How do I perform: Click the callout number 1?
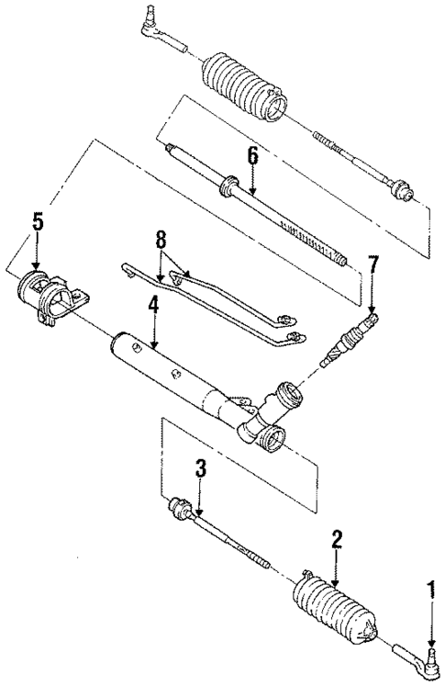click(x=429, y=585)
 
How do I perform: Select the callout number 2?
click(x=337, y=539)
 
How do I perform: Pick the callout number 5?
click(x=38, y=221)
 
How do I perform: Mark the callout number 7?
click(x=373, y=266)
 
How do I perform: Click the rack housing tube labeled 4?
click(x=165, y=363)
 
